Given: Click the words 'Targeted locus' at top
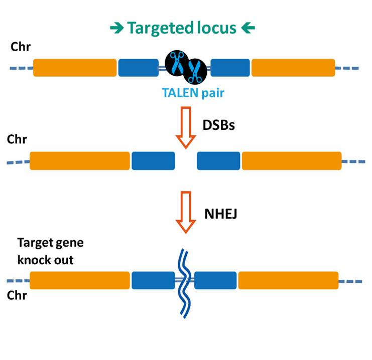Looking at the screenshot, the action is click(182, 29).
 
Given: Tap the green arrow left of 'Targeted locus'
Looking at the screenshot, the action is click(117, 28).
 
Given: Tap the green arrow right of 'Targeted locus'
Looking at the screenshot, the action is click(248, 28).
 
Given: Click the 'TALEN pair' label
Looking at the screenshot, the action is click(193, 93).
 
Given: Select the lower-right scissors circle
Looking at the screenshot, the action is click(195, 71).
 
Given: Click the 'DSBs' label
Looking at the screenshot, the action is click(218, 125).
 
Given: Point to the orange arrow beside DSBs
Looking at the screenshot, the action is click(186, 127).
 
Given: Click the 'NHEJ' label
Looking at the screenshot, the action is click(220, 214).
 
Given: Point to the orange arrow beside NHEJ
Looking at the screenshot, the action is click(186, 212).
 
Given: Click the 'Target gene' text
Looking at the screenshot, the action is click(50, 243).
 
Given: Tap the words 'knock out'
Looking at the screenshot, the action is click(45, 260).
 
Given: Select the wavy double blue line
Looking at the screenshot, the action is click(185, 283).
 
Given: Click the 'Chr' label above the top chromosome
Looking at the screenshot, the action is click(21, 47).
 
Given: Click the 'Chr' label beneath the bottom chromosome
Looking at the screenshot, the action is click(17, 295).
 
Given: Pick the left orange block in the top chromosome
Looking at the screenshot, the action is click(75, 68).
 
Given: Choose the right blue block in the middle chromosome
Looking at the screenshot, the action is click(218, 161).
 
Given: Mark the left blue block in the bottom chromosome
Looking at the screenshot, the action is click(153, 280).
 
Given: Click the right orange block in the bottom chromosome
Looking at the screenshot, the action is click(288, 280).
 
